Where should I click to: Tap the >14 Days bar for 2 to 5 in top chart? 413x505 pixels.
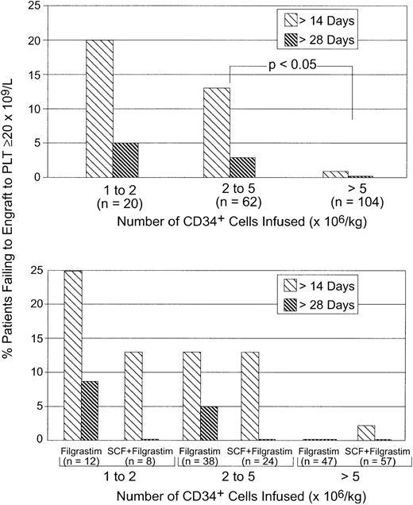point(217,133)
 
